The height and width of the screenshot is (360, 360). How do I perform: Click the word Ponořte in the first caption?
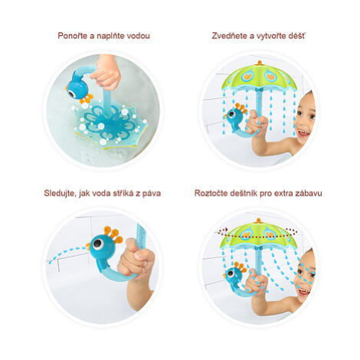pyautogui.click(x=72, y=35)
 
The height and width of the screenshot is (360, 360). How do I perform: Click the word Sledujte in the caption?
pyautogui.click(x=60, y=193)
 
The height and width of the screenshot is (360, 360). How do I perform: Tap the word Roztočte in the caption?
pyautogui.click(x=209, y=193)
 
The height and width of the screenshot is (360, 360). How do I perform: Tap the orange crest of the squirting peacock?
pyautogui.click(x=113, y=234)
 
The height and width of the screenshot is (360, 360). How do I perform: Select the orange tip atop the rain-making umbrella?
pyautogui.click(x=260, y=63)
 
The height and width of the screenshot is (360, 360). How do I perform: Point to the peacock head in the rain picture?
pyautogui.click(x=234, y=116)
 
